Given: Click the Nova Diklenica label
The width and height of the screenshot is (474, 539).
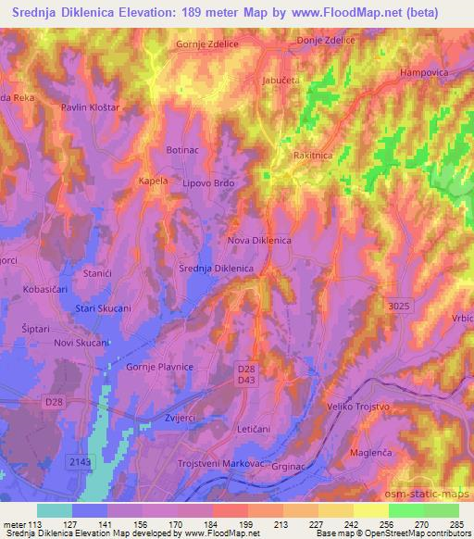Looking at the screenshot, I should coord(259,241).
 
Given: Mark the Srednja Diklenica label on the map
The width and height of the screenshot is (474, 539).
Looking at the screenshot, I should coord(216,269).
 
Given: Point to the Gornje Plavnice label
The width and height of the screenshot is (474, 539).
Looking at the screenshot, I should coord(158,367).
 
